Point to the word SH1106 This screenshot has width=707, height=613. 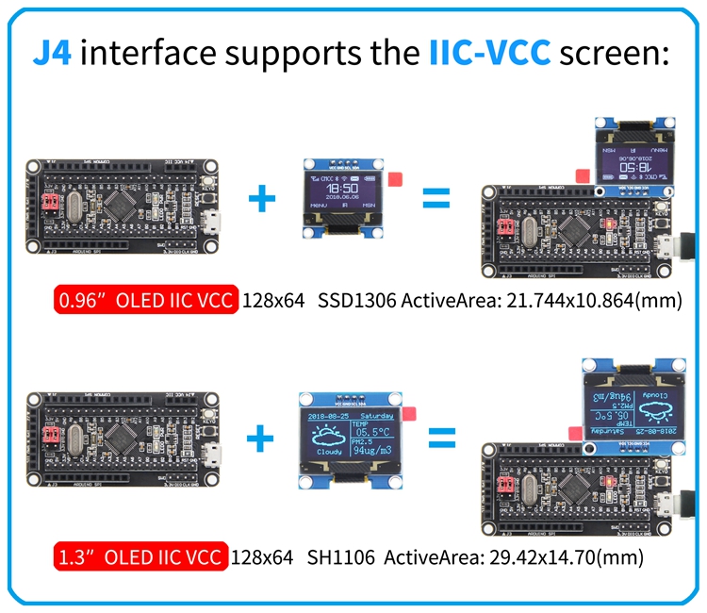pos(340,557)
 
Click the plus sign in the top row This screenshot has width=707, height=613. pos(261,198)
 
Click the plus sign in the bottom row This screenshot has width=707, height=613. pos(261,438)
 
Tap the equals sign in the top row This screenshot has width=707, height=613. pos(435,198)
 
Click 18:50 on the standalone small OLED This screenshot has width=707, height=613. pos(341,189)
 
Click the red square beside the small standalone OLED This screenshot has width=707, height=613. pos(393,178)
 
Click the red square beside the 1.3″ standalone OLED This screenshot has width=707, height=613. pos(408,413)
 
